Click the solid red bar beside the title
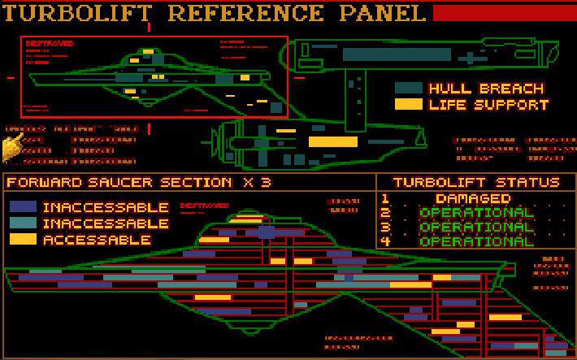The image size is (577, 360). (504, 13)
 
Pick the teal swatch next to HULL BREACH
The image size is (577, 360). (408, 88)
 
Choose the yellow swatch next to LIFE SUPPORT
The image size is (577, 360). (408, 104)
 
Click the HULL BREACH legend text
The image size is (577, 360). (486, 88)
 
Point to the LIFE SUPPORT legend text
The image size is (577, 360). (489, 104)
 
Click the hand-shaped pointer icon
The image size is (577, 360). (12, 147)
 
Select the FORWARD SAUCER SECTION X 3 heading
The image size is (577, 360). (139, 182)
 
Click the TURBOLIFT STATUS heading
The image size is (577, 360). (476, 182)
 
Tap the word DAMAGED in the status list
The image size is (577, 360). (472, 198)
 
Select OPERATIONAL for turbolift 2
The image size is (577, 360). (476, 213)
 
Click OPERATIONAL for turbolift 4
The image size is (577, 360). (476, 241)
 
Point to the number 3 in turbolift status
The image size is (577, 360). (385, 227)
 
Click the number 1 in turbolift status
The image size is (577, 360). (385, 198)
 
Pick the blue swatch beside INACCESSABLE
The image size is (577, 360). (23, 207)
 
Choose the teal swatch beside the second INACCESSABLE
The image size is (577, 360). (23, 223)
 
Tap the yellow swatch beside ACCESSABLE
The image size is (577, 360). (23, 240)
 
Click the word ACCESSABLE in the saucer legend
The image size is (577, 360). (97, 240)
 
